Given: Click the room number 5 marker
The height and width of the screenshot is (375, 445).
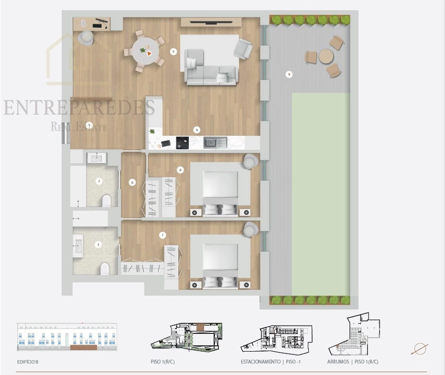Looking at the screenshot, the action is (174, 52).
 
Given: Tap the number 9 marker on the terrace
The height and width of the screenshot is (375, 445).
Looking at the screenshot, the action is (289, 75).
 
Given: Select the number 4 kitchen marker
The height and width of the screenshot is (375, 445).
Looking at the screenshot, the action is (196, 130).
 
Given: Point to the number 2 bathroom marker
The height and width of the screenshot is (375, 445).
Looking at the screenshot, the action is (99, 181).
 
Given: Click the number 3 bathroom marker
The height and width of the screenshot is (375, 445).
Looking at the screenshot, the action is (98, 244).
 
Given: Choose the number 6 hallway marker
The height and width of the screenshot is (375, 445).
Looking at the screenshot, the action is (132, 182).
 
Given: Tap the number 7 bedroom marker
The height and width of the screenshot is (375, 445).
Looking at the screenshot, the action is (163, 235).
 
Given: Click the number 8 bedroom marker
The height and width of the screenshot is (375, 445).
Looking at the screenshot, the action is (180, 170).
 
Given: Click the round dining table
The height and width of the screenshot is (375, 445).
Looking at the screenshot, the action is (146, 51).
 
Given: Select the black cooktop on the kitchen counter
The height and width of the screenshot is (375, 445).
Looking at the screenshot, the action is (182, 143).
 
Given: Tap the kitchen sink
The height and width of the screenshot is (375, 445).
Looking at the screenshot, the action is (215, 143).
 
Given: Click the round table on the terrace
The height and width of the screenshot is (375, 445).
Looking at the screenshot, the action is (326, 56).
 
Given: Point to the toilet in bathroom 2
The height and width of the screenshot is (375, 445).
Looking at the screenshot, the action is (106, 200).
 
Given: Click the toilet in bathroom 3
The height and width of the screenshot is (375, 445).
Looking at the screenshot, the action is (105, 269).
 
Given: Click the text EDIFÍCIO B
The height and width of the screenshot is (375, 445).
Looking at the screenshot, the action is (28, 362).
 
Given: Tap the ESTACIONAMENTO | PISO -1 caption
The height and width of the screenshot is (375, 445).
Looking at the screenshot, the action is (271, 362).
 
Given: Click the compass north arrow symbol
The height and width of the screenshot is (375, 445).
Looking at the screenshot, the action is (419, 349).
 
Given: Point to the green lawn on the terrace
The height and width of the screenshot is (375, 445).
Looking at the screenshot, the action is (321, 194).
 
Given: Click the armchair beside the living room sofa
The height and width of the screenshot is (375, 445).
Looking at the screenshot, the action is (243, 49).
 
